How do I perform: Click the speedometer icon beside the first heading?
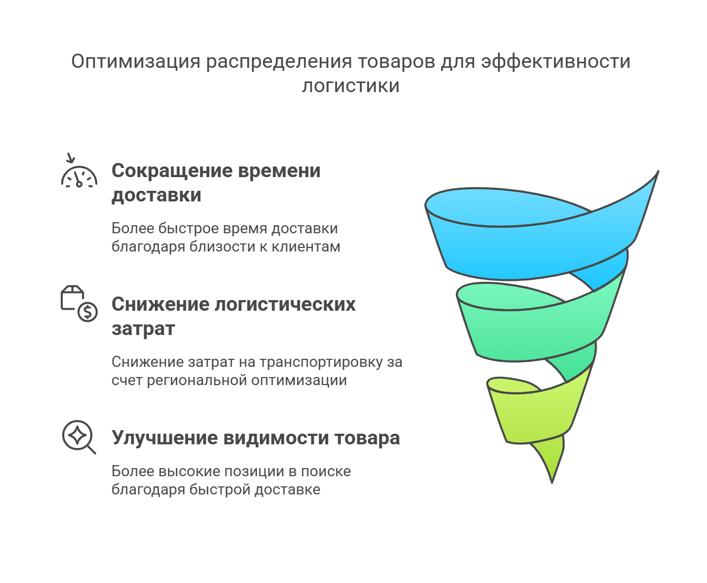click(x=79, y=176)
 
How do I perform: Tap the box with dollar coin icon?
click(x=79, y=304)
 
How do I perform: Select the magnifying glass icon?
click(x=78, y=437)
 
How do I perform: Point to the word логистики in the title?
click(x=351, y=86)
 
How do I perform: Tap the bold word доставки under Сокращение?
click(x=156, y=195)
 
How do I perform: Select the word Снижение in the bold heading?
click(x=161, y=304)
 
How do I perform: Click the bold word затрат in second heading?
click(x=143, y=329)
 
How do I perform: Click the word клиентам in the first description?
click(x=306, y=246)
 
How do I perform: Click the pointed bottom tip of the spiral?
click(x=552, y=482)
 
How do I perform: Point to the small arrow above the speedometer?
click(x=70, y=158)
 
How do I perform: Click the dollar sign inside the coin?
click(x=88, y=312)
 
